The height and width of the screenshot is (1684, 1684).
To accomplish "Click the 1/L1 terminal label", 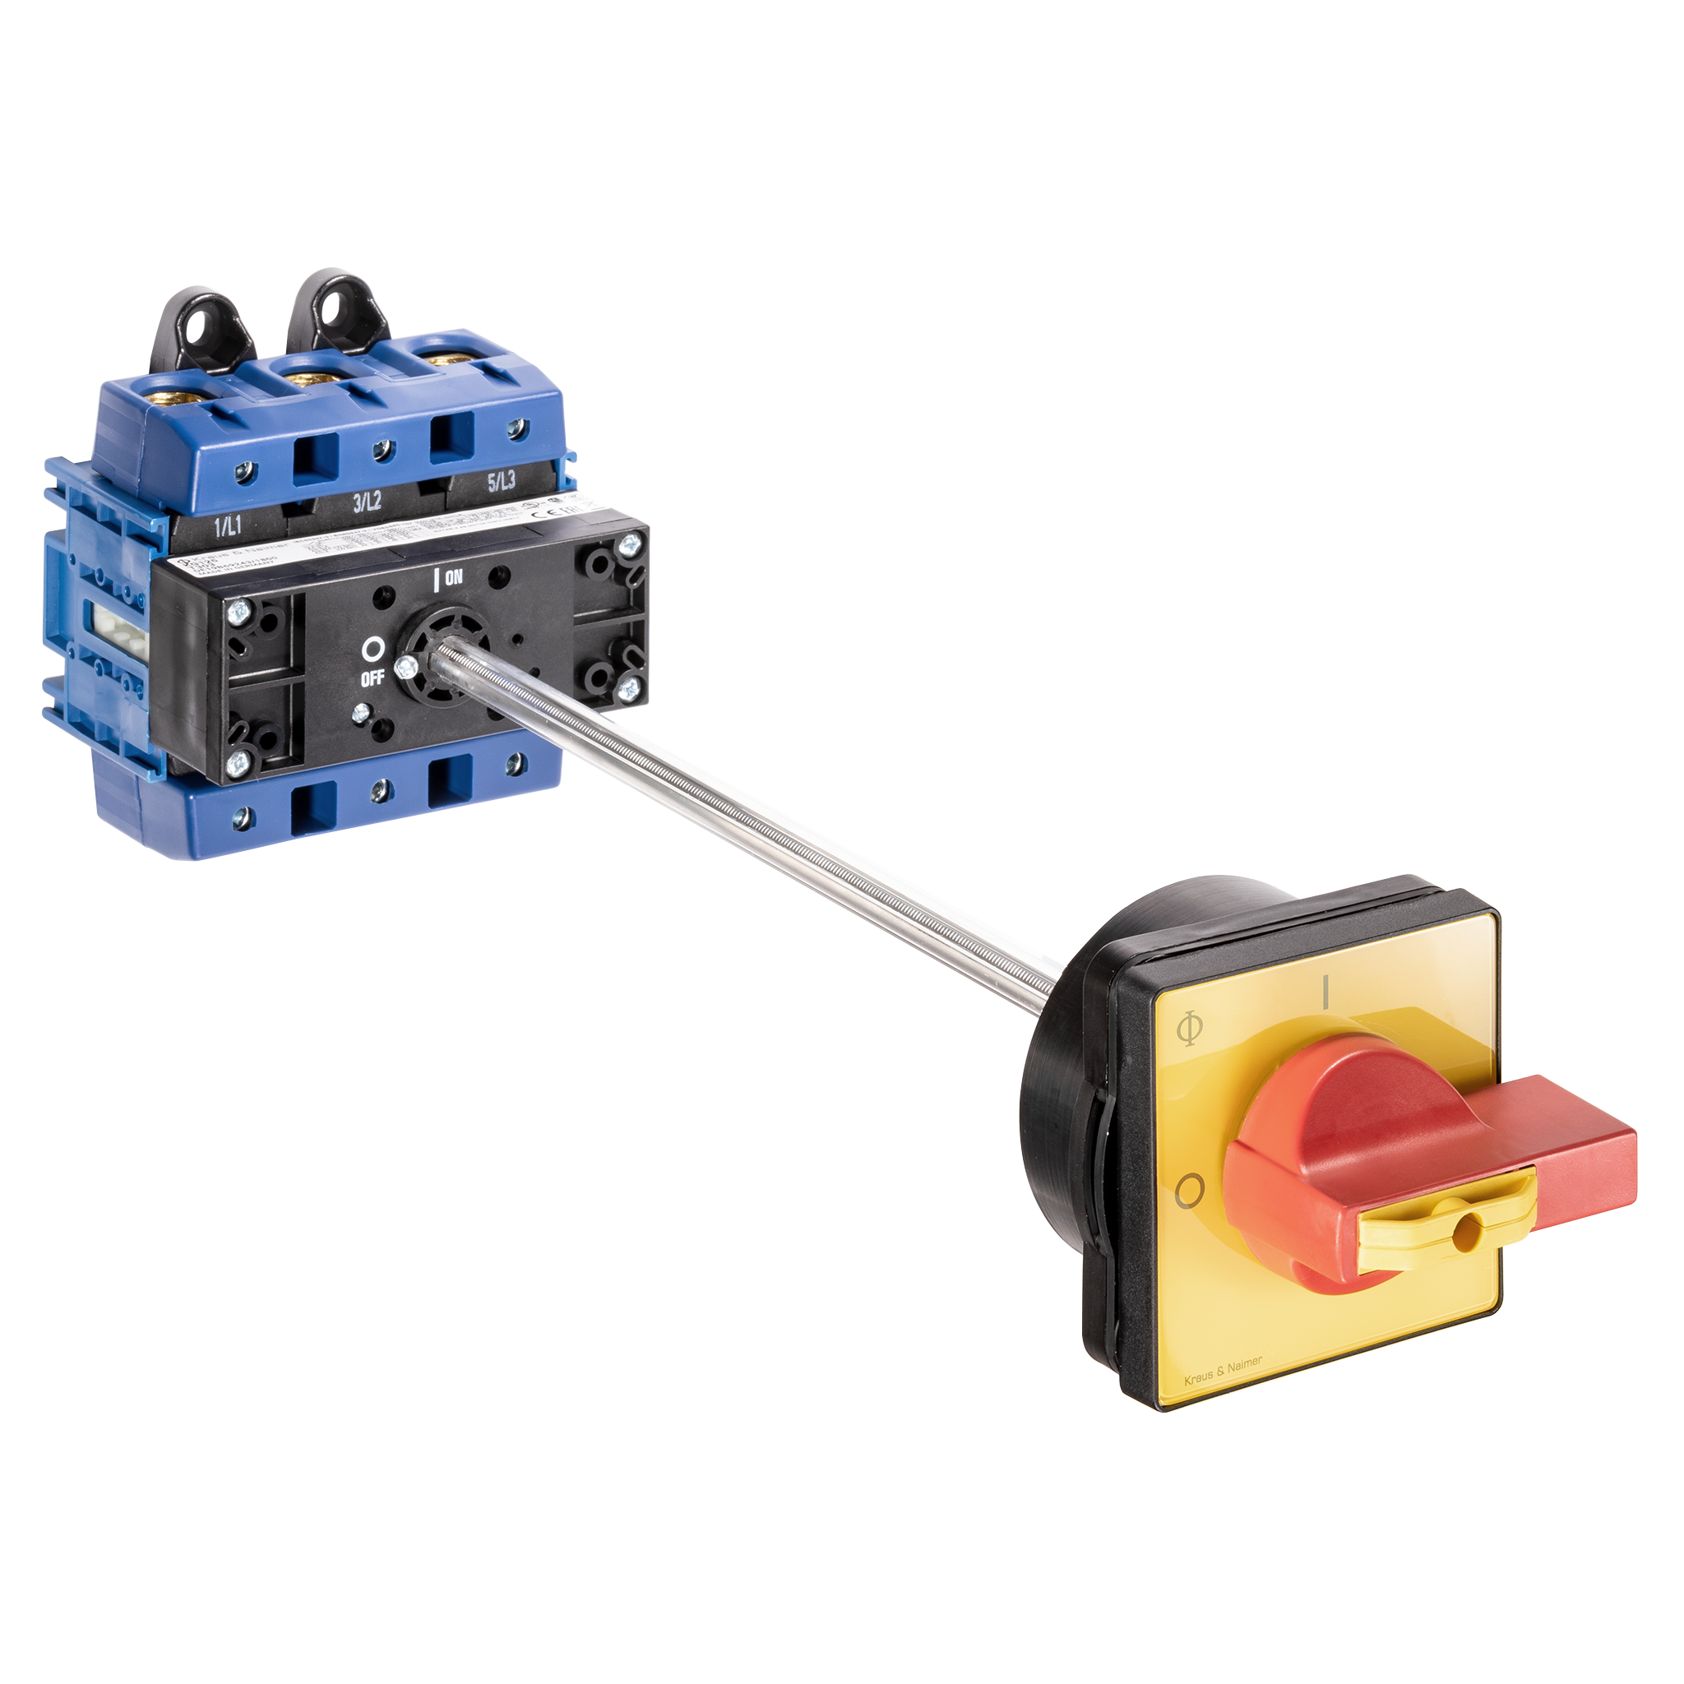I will click(229, 525).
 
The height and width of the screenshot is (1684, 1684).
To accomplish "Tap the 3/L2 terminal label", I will click(366, 502).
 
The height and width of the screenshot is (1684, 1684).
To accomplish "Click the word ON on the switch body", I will click(453, 577).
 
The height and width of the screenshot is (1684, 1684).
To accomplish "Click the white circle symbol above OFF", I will click(373, 650).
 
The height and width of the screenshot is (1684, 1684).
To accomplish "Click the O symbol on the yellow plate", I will click(1190, 1190).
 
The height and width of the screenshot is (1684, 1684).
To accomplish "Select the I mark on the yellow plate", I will click(1325, 992).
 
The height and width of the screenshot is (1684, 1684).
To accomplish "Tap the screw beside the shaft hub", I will click(403, 669).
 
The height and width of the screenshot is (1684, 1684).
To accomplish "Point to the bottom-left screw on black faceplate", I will click(236, 766).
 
